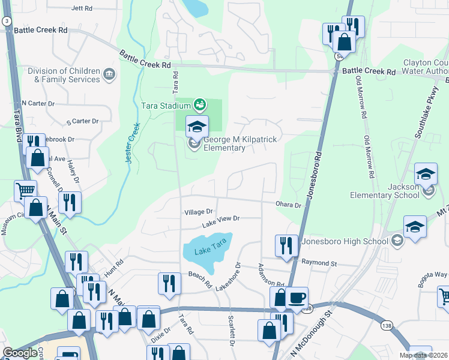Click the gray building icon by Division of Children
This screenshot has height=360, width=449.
point(110,75)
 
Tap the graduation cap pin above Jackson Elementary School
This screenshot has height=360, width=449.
point(426,175)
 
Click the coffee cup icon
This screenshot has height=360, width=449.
point(297,297)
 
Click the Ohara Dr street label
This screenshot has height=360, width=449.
point(288,205)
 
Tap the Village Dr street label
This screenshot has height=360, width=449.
point(199,212)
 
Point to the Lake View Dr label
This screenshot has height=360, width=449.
point(221,221)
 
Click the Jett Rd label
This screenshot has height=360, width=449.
point(82,8)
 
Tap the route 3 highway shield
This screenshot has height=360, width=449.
point(6,21)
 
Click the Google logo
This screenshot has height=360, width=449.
point(20,353)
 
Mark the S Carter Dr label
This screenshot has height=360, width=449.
point(82,121)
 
